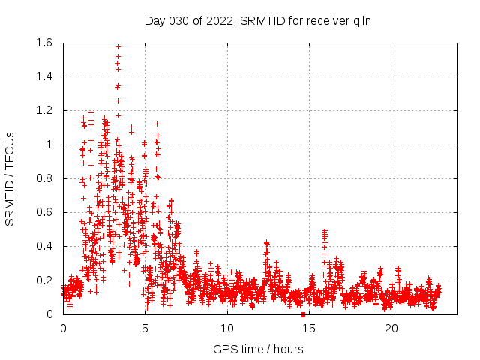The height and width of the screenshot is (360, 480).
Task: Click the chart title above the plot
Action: point(257,20)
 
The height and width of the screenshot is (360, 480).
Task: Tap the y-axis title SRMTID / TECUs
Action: point(10,178)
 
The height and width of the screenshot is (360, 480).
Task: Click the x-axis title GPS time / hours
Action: point(257,349)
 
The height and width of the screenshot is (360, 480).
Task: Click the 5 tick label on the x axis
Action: point(145,328)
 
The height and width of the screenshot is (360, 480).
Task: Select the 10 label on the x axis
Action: point(227,328)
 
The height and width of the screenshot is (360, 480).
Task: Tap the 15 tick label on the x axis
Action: point(309,328)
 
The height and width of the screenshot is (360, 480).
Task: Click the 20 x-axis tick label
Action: point(391,328)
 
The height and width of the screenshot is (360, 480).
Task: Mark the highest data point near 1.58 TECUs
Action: point(118,46)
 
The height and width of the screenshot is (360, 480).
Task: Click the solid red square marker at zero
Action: point(303,314)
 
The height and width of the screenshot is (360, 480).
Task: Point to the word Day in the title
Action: point(154,20)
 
